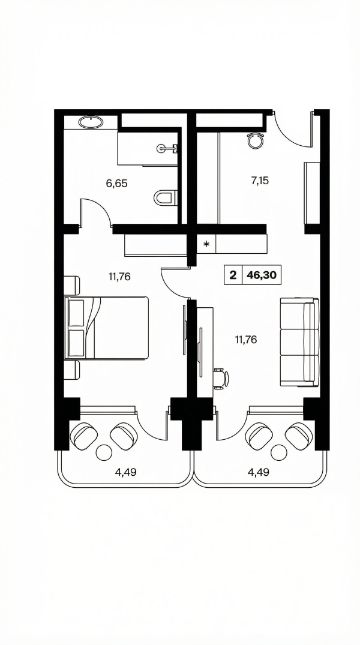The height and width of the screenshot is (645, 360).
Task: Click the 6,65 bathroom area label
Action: click(117, 183)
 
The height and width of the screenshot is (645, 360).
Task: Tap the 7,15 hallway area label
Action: click(260, 180)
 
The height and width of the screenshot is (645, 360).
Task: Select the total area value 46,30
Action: click(261, 275)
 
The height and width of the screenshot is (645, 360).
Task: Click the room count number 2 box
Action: click(234, 275)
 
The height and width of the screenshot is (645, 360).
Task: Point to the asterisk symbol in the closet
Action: click(207, 244)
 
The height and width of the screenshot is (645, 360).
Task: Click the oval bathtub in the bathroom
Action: click(91, 122)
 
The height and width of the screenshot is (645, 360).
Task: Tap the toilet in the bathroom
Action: click(165, 197)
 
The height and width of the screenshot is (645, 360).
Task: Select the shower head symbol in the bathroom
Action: click(170, 148)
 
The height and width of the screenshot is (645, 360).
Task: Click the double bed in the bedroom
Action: click(107, 328)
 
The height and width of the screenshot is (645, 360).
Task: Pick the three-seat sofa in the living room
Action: click(300, 342)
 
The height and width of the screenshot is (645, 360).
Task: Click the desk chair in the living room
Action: click(221, 378)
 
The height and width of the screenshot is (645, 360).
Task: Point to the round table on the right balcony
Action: click(279, 453)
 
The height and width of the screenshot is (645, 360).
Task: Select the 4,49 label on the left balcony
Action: click(125, 472)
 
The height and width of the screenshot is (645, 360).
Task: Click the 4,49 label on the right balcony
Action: click(259, 472)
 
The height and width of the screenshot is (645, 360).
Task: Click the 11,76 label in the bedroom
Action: click(120, 276)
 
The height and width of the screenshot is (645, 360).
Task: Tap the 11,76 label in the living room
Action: click(246, 340)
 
